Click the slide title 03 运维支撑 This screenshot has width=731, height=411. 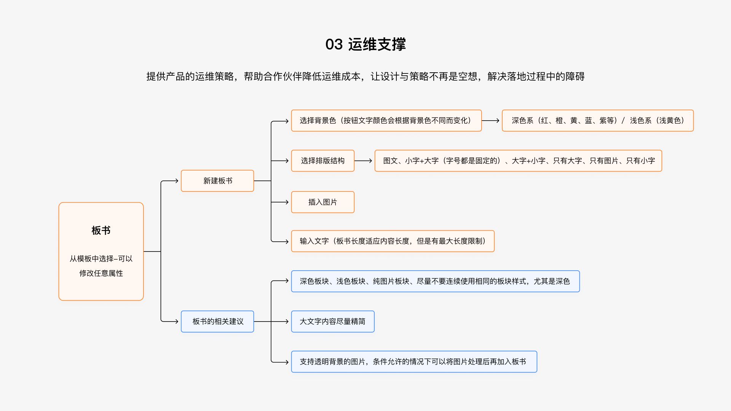[x=365, y=44]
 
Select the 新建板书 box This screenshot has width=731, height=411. [x=217, y=181]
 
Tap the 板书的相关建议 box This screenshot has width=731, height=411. [x=217, y=322]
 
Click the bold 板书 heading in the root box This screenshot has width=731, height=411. [x=101, y=230]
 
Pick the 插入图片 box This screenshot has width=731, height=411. [x=323, y=202]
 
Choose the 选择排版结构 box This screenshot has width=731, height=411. [x=323, y=161]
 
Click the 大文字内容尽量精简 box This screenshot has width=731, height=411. [x=333, y=322]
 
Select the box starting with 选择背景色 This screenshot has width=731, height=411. [x=386, y=121]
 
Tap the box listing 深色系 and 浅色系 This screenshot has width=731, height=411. [x=598, y=121]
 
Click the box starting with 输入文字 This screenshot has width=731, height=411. [x=393, y=241]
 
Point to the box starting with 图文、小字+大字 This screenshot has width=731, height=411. [x=518, y=161]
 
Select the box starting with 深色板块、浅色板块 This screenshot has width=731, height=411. [x=436, y=281]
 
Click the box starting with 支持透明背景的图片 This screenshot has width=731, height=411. [x=414, y=362]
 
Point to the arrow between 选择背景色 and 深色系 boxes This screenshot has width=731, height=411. [x=490, y=121]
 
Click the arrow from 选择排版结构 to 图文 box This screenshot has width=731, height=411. [x=363, y=161]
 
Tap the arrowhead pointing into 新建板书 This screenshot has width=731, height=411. [x=176, y=181]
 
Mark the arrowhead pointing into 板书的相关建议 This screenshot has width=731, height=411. [x=176, y=322]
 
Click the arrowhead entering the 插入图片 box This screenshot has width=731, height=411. [x=287, y=202]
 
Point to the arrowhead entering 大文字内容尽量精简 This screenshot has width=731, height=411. [x=287, y=322]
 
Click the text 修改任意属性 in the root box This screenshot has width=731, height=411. [x=101, y=273]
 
